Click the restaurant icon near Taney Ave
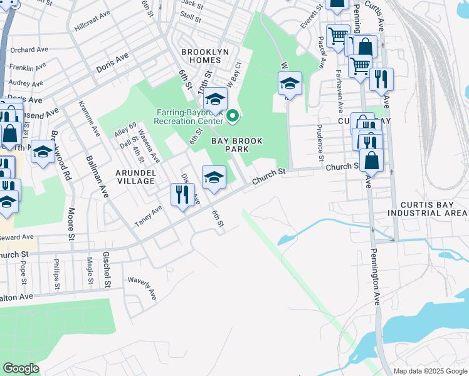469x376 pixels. click(182, 194)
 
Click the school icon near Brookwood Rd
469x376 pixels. click(43, 152)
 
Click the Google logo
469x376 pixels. click(21, 368)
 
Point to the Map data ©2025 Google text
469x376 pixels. click(429, 371)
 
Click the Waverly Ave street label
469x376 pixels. click(142, 288)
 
